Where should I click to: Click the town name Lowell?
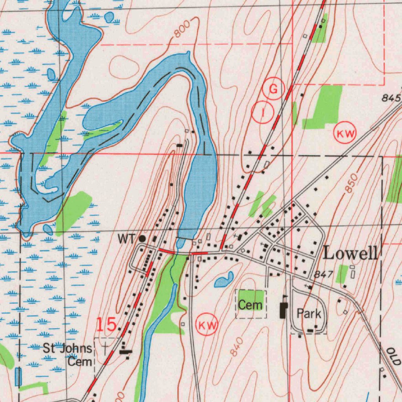[x=351, y=253]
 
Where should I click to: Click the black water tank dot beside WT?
[x=142, y=238]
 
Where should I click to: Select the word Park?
[x=309, y=314]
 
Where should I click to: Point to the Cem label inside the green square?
[x=250, y=305]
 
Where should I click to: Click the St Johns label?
[x=68, y=348]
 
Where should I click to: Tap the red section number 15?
[x=106, y=325]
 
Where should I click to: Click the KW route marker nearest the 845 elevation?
[x=345, y=134]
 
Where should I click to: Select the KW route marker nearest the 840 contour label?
[x=207, y=325]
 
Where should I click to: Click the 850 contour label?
[x=352, y=183]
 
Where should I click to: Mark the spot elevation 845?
[x=391, y=98]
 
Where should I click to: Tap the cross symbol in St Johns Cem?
[x=105, y=347]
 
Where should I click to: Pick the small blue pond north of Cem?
[x=224, y=280]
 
